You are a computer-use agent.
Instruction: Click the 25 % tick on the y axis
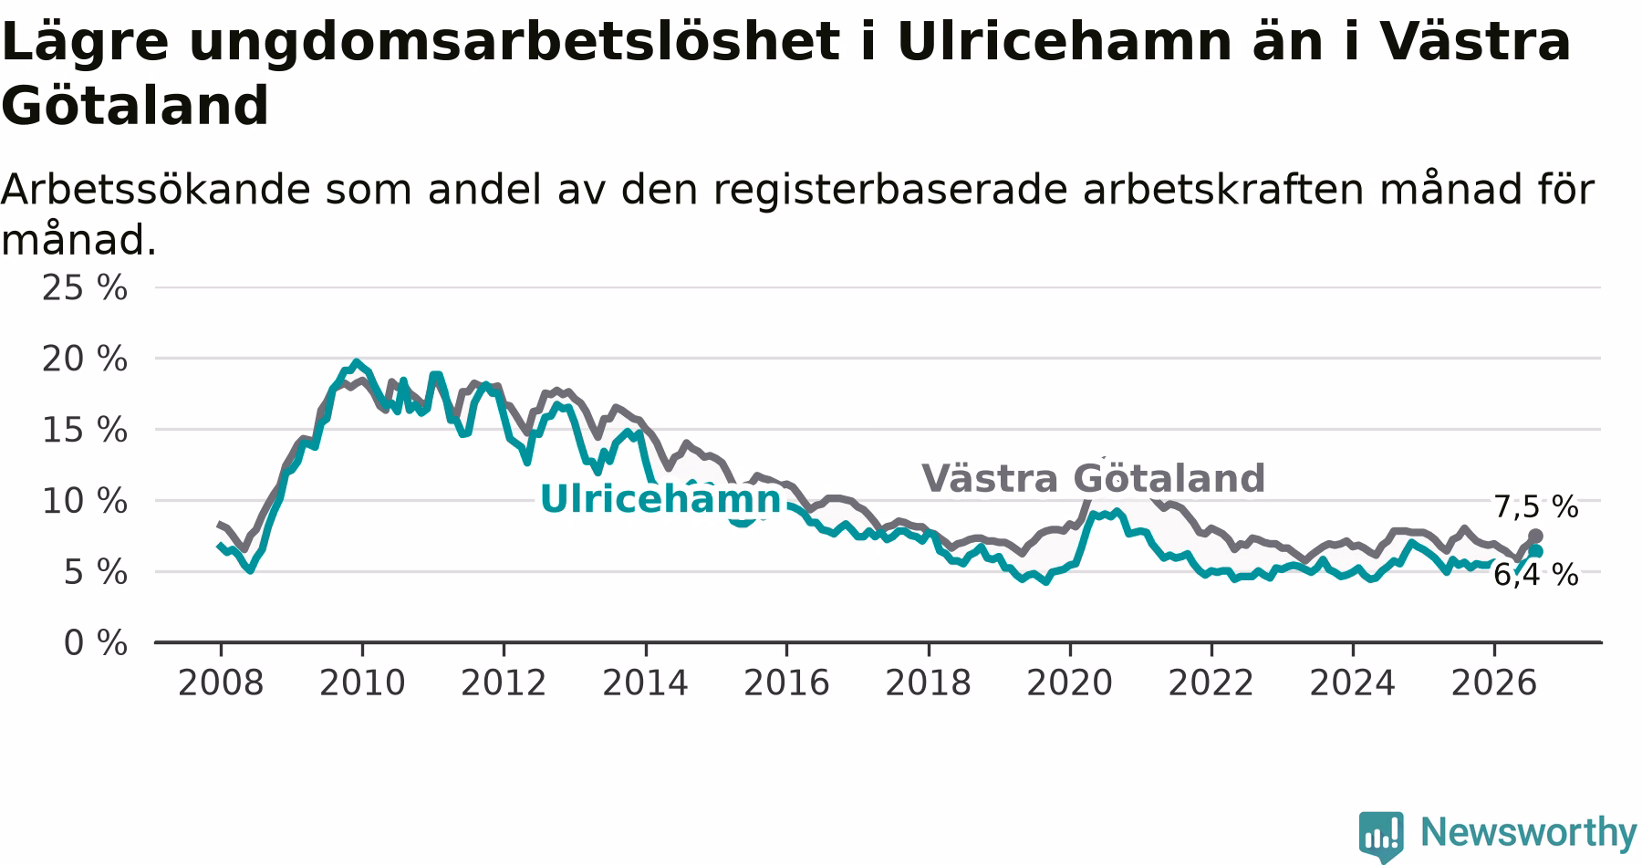pos(85,287)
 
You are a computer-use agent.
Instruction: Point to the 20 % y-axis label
pos(85,359)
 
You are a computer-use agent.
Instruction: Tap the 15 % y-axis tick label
pos(85,430)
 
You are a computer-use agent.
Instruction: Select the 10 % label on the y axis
pos(85,501)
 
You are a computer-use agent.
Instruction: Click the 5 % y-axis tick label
pos(95,572)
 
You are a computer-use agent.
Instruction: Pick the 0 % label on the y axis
pos(95,643)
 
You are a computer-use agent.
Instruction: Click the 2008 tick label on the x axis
pos(221,683)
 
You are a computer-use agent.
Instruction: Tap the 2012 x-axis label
pos(504,683)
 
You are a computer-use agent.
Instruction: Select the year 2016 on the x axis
pos(786,683)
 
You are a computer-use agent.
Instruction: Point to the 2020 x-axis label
pos(1070,683)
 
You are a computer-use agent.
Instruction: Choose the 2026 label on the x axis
pos(1494,683)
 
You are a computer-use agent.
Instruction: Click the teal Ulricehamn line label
pos(660,499)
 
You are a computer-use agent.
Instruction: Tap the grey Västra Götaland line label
pos(1093,478)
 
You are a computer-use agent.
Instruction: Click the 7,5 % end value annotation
pos(1535,506)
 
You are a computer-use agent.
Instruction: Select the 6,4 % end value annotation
pos(1535,575)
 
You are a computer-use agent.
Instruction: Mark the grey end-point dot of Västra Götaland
pos(1535,536)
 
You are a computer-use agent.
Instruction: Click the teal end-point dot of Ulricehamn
pos(1535,551)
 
